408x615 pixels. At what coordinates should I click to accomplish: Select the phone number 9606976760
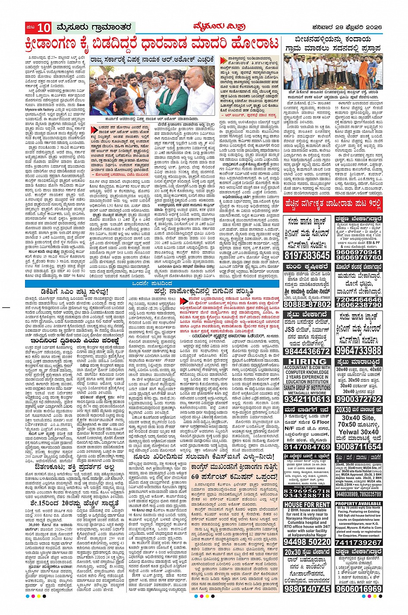click(358, 257)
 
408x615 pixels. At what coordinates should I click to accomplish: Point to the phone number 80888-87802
click(307, 304)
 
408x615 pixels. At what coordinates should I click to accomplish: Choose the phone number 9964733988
click(358, 350)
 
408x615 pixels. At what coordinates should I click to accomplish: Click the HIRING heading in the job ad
click(307, 361)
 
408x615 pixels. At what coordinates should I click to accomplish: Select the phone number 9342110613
click(307, 399)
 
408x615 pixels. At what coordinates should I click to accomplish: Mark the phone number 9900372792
click(358, 399)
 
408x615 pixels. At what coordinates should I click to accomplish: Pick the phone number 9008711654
click(358, 447)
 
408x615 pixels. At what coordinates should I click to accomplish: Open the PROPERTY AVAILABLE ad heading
click(358, 504)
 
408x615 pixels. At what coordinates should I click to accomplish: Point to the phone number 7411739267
click(358, 542)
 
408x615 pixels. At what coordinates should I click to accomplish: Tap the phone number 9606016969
click(358, 589)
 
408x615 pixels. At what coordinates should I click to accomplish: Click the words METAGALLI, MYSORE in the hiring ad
click(307, 393)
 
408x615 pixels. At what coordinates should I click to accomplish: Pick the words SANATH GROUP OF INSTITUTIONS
click(307, 388)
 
